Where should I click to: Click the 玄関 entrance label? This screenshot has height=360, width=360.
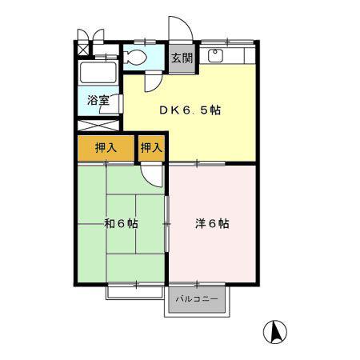pyautogui.click(x=182, y=58)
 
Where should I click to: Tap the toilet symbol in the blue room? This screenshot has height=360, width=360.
pyautogui.click(x=135, y=57)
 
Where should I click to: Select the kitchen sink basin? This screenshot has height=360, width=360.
pyautogui.click(x=215, y=56)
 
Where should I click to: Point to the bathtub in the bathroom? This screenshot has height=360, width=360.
pyautogui.click(x=98, y=73)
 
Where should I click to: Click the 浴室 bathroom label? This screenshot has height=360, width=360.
pyautogui.click(x=98, y=100)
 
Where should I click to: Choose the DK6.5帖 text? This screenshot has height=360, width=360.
pyautogui.click(x=190, y=110)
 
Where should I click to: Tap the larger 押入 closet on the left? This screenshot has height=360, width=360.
pyautogui.click(x=106, y=148)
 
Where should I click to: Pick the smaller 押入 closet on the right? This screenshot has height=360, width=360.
pyautogui.click(x=151, y=148)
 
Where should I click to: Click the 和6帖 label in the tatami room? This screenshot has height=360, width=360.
pyautogui.click(x=121, y=223)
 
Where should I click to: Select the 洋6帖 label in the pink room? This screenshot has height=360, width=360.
pyautogui.click(x=212, y=223)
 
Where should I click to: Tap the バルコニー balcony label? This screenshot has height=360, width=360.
pyautogui.click(x=197, y=298)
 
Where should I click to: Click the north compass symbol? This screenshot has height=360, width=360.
pyautogui.click(x=275, y=332)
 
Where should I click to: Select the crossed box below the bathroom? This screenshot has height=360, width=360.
pyautogui.click(x=98, y=126)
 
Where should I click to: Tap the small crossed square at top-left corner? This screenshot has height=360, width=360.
pyautogui.click(x=83, y=50)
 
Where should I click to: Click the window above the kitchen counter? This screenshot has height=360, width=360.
pyautogui.click(x=227, y=42)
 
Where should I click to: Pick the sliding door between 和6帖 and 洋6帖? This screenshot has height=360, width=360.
pyautogui.click(x=167, y=224)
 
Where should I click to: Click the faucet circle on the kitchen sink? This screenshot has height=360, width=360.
pyautogui.click(x=214, y=52)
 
